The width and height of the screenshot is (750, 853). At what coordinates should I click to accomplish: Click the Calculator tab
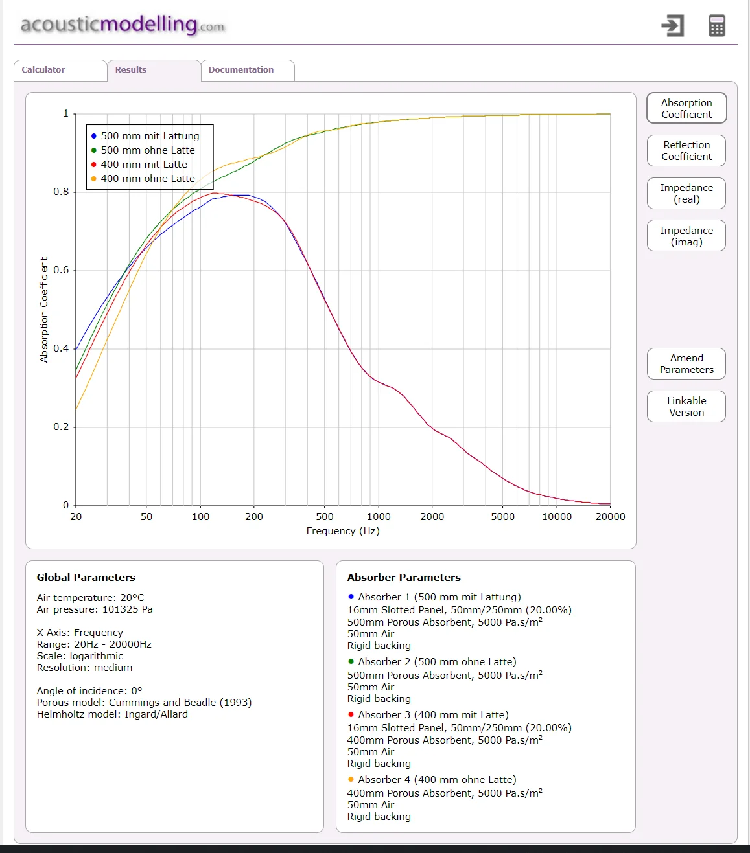click(x=60, y=70)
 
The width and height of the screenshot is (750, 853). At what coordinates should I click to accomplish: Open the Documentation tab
click(x=248, y=70)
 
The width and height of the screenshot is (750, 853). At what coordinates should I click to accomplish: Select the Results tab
click(x=154, y=70)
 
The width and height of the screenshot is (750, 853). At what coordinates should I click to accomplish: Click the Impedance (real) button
click(x=686, y=193)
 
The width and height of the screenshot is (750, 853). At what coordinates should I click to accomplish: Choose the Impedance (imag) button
click(x=686, y=236)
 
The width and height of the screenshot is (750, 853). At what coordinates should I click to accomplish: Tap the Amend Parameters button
click(x=686, y=364)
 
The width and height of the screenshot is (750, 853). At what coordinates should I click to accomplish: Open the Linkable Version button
click(x=686, y=406)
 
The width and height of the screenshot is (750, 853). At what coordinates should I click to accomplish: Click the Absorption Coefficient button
click(x=686, y=108)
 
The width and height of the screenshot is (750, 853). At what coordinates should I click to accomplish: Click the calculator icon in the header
click(x=717, y=26)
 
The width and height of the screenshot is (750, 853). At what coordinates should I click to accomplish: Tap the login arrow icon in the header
click(x=673, y=26)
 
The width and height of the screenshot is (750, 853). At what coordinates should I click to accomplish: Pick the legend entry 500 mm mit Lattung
click(x=145, y=136)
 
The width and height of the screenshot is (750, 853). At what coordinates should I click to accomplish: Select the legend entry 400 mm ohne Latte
click(x=143, y=179)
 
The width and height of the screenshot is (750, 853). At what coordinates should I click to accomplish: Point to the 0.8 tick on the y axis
click(x=61, y=192)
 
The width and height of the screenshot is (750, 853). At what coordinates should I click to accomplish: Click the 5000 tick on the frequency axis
click(x=502, y=517)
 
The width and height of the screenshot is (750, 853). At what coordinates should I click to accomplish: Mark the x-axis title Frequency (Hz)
click(x=343, y=531)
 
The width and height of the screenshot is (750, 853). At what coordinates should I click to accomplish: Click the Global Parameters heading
click(x=86, y=577)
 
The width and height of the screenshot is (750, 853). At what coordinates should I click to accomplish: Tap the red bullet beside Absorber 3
click(x=351, y=714)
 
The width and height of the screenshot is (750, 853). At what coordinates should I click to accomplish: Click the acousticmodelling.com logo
click(x=123, y=25)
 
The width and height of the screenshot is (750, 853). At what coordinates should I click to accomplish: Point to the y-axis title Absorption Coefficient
click(x=44, y=310)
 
